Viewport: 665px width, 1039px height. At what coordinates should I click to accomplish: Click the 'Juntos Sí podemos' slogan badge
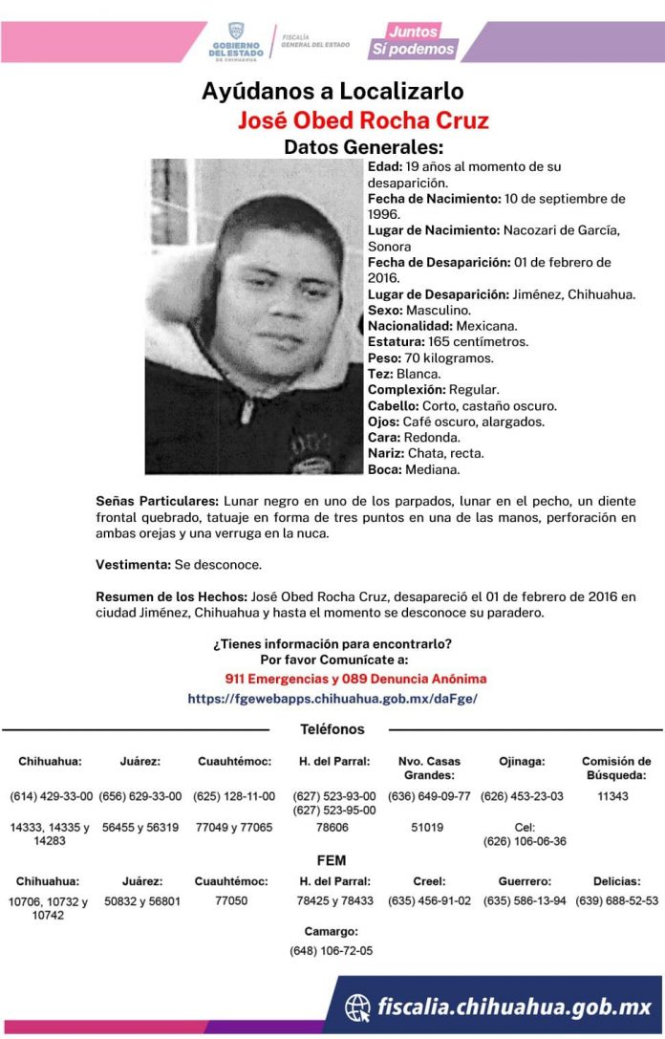tap(424, 40)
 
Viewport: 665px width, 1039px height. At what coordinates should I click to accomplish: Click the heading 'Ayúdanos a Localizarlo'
tap(332, 92)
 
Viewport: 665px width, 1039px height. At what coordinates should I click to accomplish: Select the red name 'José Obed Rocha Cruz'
tap(363, 120)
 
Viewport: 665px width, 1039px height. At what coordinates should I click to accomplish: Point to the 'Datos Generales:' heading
tap(364, 147)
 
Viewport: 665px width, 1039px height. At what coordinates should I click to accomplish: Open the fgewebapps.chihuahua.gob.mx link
tap(332, 698)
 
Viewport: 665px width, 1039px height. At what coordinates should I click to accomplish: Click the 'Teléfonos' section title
tap(332, 729)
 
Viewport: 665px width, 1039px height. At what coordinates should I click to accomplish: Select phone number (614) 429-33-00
tap(52, 796)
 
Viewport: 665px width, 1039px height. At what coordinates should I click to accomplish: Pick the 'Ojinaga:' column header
tap(522, 762)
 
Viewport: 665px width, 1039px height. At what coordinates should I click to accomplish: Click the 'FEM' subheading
tap(332, 859)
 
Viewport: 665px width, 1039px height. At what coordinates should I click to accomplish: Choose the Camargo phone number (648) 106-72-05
tap(332, 951)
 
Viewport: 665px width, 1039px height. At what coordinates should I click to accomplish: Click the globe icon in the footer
tap(358, 1007)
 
